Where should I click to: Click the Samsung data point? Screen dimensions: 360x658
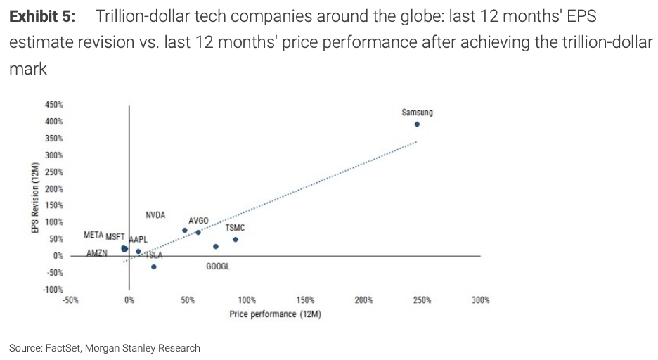coord(417,124)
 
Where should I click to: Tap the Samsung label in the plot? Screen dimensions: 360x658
coord(417,112)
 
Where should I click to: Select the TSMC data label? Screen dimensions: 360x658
coord(235,228)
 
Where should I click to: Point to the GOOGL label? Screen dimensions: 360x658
coord(218,266)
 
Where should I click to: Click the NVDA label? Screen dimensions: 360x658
coord(155,214)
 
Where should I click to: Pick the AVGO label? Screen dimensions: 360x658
coord(198,221)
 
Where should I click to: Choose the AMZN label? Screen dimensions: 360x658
coord(96,252)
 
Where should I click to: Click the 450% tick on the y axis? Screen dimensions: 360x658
coord(55,104)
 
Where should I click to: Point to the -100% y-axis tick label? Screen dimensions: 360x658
coord(53,289)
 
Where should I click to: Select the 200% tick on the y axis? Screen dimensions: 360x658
coord(55,188)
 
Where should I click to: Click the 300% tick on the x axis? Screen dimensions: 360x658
coord(481,300)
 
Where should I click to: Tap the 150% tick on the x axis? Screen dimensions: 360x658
coord(305,300)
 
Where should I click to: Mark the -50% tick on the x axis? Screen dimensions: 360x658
coord(70,300)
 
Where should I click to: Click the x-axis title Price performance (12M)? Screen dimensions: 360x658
coord(275,314)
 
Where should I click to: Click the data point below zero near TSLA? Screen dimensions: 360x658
coord(153,266)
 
